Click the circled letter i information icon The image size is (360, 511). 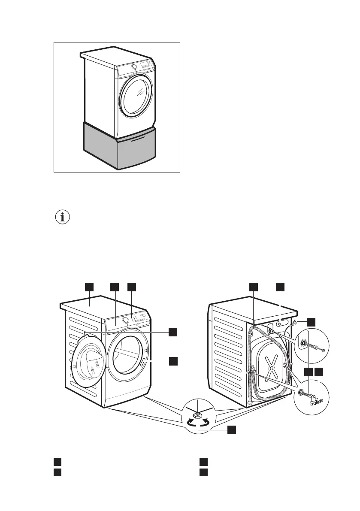[63, 218]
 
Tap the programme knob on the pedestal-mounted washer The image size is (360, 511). [134, 66]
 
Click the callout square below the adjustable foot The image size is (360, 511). [231, 429]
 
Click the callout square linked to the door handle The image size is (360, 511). [172, 361]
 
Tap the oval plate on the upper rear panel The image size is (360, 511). [281, 323]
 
